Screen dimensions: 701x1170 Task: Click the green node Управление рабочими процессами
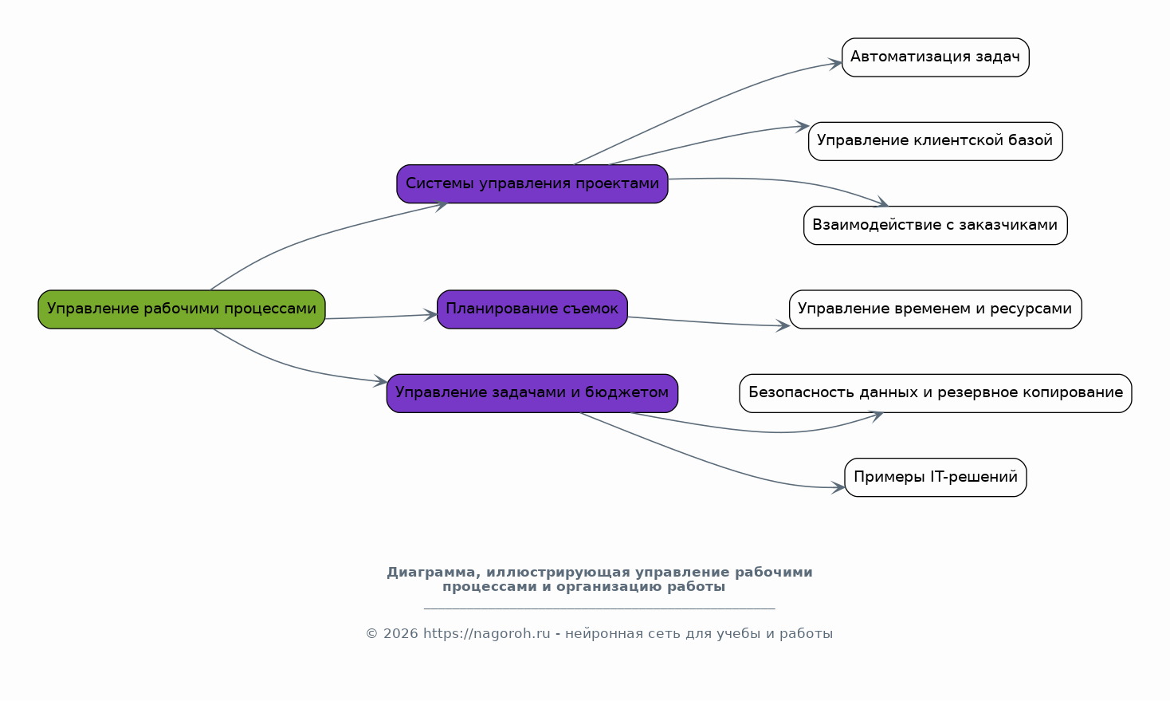pyautogui.click(x=182, y=309)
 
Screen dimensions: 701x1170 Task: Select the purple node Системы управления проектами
pyautogui.click(x=532, y=184)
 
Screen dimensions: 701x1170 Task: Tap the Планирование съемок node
pyautogui.click(x=532, y=309)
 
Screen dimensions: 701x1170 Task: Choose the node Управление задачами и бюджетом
pyautogui.click(x=532, y=393)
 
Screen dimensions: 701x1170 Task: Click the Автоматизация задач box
pyautogui.click(x=935, y=57)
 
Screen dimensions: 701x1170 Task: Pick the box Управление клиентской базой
pyautogui.click(x=935, y=141)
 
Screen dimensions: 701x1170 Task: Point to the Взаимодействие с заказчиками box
pyautogui.click(x=935, y=226)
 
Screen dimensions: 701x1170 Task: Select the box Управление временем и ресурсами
pyautogui.click(x=935, y=309)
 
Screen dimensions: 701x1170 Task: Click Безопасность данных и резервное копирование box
pyautogui.click(x=935, y=393)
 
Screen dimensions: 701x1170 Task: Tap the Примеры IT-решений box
pyautogui.click(x=935, y=478)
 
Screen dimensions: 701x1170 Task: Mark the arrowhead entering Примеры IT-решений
pyautogui.click(x=838, y=487)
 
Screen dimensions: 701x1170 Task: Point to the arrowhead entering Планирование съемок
pyautogui.click(x=430, y=315)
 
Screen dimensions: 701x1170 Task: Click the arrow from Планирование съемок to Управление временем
pyautogui.click(x=701, y=322)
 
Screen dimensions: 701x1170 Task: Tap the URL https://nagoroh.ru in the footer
pyautogui.click(x=486, y=634)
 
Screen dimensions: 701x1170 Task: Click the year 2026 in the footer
pyautogui.click(x=400, y=634)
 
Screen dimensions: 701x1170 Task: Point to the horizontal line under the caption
pyautogui.click(x=599, y=608)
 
